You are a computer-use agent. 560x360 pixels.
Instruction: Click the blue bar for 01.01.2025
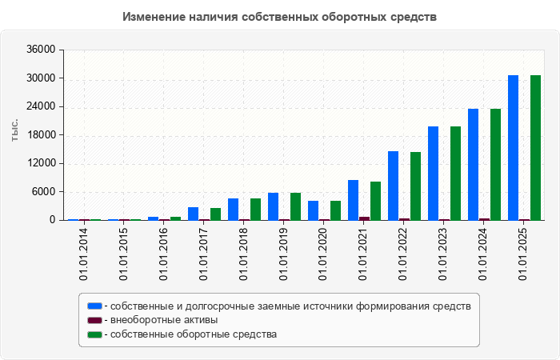point(513,147)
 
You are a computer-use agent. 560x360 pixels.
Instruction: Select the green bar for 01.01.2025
point(535,147)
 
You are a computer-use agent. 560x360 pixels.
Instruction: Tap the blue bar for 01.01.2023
point(433,173)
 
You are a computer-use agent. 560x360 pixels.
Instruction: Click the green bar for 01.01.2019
point(295,206)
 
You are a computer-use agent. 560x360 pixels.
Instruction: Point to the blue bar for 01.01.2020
point(313,210)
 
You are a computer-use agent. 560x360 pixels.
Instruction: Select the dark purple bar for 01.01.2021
point(364,218)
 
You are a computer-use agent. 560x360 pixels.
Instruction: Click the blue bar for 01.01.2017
point(193,214)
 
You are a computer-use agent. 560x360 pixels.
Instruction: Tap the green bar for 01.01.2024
point(495,164)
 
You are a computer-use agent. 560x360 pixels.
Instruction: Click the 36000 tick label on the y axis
point(42,50)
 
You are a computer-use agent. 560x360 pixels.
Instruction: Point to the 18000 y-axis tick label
point(42,135)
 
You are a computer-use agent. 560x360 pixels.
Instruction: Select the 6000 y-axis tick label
point(44,192)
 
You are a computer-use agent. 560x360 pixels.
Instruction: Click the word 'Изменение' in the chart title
point(154,17)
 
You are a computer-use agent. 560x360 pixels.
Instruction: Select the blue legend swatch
point(95,306)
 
